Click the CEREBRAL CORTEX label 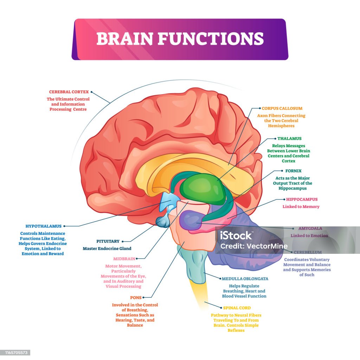tap(69, 92)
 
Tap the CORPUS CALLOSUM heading tap(282, 108)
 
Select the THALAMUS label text tap(289, 139)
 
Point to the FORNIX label tap(293, 171)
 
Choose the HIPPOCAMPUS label tap(302, 199)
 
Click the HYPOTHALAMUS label tap(43, 226)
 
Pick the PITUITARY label tap(108, 241)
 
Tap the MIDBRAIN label tap(124, 259)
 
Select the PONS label tap(136, 297)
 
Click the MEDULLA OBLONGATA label tap(245, 279)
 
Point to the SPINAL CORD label tap(237, 308)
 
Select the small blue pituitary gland tap(163, 221)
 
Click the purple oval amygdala tap(191, 220)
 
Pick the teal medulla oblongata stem tap(195, 264)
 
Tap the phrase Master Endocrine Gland tap(107, 249)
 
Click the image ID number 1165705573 tap(15, 353)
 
